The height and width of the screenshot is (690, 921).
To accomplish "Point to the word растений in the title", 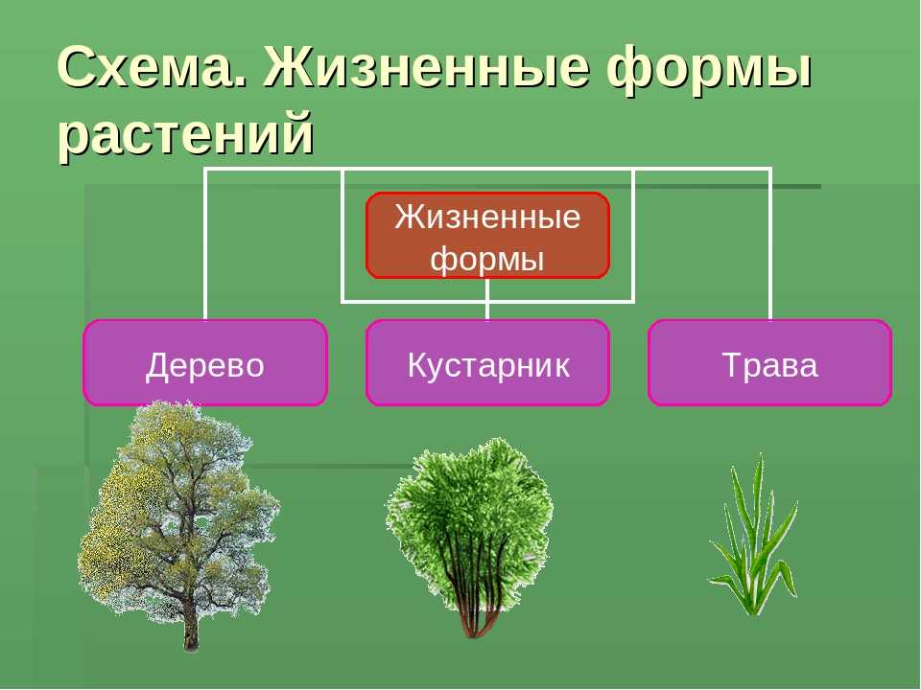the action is point(185,134).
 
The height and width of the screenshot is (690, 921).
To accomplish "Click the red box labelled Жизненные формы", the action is point(487,236).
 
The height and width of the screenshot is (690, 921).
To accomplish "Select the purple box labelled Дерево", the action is point(205,362).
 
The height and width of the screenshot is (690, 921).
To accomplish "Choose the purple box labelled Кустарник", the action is point(487,362).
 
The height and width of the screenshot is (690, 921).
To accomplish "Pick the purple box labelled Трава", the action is point(770,362).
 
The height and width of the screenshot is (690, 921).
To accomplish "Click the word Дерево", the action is point(205,365).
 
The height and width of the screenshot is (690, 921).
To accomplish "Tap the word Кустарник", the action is point(488,365).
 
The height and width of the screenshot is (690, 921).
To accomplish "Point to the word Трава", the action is point(770,365).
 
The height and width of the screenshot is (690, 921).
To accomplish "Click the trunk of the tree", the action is point(190,622).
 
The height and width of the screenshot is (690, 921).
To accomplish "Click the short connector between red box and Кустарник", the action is point(487,299).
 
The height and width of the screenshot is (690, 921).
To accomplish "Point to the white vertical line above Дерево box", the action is point(205,244).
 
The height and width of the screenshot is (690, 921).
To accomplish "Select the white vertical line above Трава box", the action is point(770,244).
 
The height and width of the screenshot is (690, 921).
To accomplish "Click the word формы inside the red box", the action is point(487,258).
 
